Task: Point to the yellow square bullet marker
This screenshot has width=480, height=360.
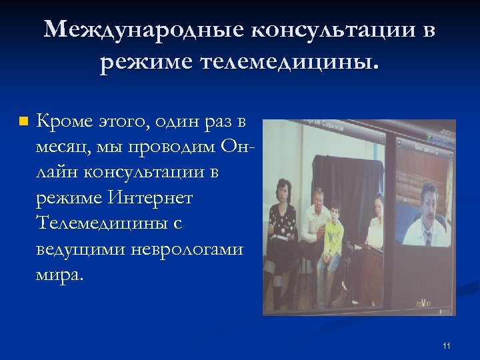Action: tap(23, 121)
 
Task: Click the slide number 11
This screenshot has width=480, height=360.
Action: tap(446, 345)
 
